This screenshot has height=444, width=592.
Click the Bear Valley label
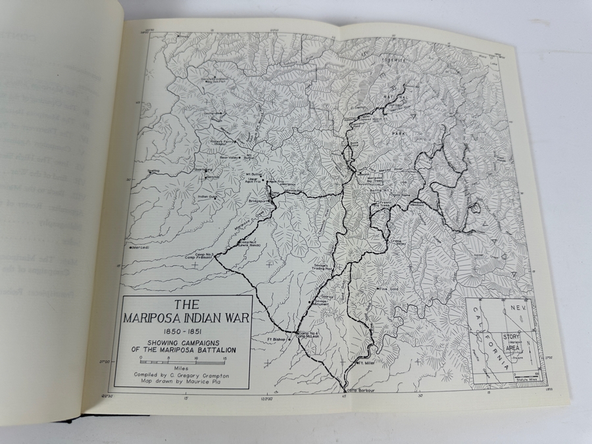click(230, 157)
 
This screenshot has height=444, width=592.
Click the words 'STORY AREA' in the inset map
click(512, 340)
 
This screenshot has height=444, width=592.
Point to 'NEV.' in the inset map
click(517, 308)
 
